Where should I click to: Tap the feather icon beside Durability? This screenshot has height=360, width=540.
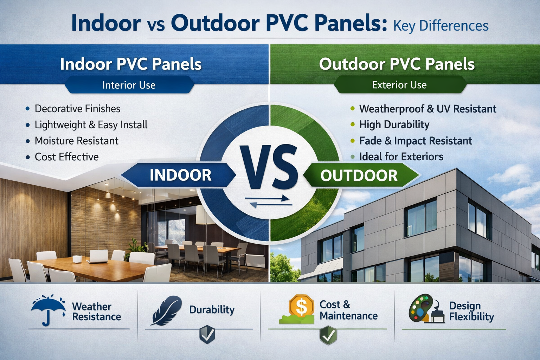click(167, 310)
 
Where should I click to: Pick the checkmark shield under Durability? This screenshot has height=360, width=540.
click(207, 335)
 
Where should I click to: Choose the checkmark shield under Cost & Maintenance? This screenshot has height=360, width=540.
click(328, 335)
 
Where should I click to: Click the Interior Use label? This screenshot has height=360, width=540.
click(129, 85)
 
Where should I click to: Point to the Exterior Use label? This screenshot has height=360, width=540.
click(399, 85)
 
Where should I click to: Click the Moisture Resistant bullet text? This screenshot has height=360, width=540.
click(76, 141)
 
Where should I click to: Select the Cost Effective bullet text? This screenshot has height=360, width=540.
click(66, 157)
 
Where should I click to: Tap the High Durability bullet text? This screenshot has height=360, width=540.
click(394, 124)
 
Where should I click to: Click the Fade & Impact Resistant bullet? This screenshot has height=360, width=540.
click(415, 141)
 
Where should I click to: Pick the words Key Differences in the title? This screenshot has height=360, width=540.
click(441, 26)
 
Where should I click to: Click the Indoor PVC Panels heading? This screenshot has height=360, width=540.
click(131, 64)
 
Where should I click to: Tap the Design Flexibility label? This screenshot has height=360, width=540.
click(471, 311)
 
